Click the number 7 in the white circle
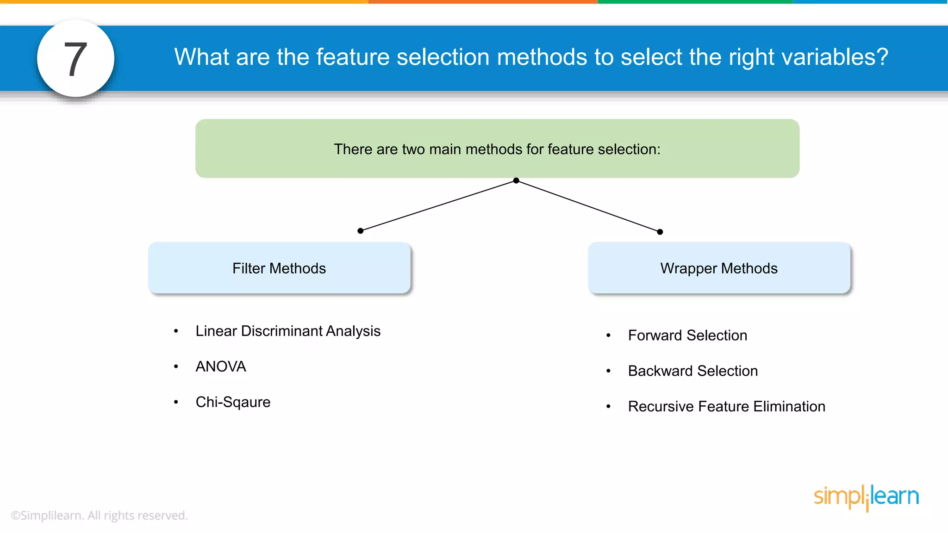tap(75, 59)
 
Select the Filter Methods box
tap(279, 268)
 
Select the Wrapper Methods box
tap(719, 268)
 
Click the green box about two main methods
tap(497, 149)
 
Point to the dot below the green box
tap(516, 180)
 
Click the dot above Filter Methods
tap(360, 231)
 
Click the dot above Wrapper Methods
tap(660, 232)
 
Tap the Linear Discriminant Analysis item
tap(287, 331)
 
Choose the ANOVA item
tap(221, 366)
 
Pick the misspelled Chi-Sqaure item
tap(233, 402)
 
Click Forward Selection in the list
tap(687, 335)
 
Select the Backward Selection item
tap(692, 371)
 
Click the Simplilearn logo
tap(866, 497)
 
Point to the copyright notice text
tap(100, 515)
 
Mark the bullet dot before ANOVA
tap(176, 366)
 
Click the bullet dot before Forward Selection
tap(608, 335)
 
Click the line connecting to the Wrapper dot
tap(588, 206)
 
